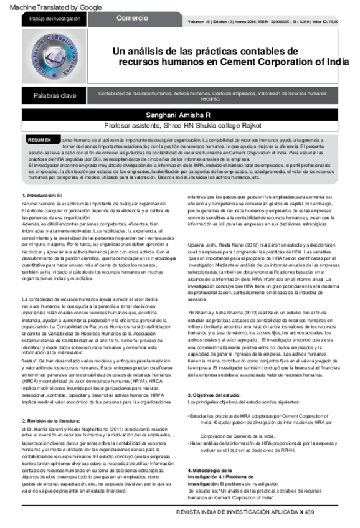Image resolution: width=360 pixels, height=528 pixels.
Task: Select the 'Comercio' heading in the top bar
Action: coord(132,19)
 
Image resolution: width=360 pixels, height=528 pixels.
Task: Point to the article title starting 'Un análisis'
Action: coord(230,56)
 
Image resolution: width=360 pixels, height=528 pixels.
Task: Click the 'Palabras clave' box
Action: coord(55,95)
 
